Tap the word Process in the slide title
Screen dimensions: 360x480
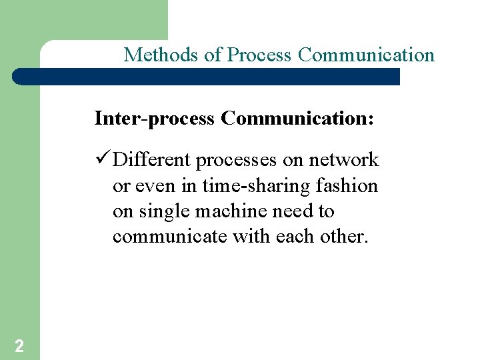coord(260,55)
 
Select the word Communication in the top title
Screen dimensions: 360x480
coord(366,55)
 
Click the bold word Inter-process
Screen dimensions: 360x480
coord(155,119)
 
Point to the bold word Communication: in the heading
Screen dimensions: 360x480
coord(297,119)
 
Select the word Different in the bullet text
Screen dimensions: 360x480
coord(151,160)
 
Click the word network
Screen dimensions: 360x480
coord(343,160)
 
